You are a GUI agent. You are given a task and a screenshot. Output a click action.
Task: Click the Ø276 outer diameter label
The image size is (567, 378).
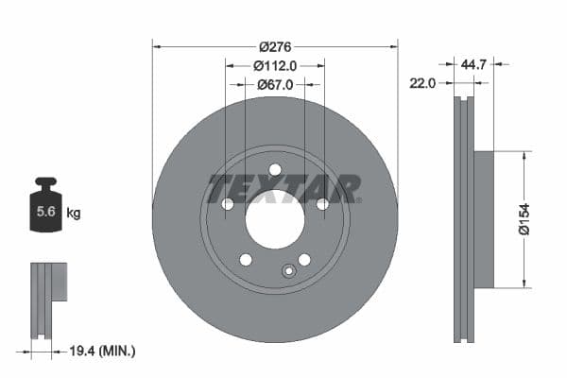274,46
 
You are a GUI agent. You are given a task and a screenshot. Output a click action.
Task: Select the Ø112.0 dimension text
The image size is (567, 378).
275,65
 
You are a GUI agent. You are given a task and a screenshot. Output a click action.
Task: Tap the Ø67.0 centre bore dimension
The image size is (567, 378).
275,84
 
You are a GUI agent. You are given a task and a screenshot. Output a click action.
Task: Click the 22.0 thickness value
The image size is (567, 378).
421,83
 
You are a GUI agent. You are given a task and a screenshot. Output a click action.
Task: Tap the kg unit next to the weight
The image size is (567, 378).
74,214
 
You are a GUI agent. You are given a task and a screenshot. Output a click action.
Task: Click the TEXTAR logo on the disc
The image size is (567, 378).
283,188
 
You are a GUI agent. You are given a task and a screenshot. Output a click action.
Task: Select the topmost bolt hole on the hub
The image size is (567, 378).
275,170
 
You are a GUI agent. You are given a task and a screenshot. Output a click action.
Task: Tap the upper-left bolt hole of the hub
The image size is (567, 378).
228,204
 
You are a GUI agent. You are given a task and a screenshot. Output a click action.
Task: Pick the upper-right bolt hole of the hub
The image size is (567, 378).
322,204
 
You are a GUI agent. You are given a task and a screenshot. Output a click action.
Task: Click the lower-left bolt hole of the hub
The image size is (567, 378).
246,260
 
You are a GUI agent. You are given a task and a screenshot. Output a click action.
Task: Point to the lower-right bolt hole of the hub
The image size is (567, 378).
304,260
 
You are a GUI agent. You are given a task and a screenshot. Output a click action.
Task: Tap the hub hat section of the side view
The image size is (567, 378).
483,219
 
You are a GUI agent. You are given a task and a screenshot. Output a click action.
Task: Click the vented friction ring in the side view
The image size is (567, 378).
463,219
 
